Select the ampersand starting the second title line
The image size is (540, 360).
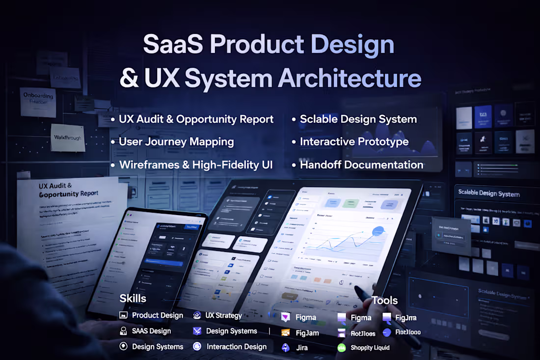[x=129, y=79]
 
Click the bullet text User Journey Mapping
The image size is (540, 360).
[x=176, y=142]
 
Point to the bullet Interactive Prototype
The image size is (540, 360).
[x=354, y=142]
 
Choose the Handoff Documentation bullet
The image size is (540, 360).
[x=361, y=165]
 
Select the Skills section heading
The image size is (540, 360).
[x=133, y=299]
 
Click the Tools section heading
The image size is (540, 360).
[x=384, y=301]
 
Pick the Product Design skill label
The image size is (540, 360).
[x=157, y=315]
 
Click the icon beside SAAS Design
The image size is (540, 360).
[x=124, y=331]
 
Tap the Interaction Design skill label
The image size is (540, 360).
[x=236, y=347]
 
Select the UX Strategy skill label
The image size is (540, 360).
[x=223, y=315]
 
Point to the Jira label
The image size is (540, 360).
[x=302, y=348]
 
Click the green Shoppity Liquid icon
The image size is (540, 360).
[x=342, y=348]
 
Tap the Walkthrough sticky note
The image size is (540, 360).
[x=67, y=138]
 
